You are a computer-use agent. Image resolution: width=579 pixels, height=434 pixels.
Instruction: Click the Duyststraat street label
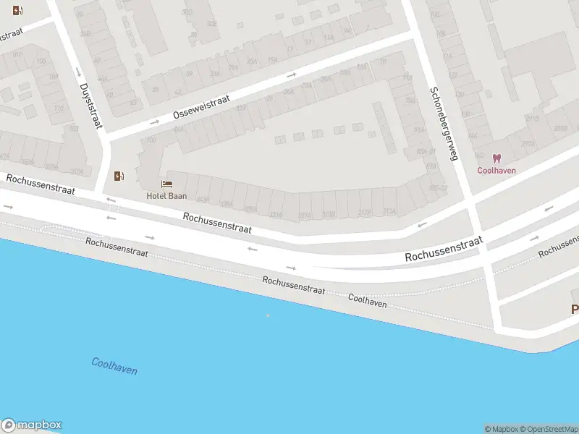[90, 105]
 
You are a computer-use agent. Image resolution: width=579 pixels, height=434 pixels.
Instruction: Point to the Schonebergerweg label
[444, 124]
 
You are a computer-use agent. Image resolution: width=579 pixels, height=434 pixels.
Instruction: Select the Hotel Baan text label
[166, 196]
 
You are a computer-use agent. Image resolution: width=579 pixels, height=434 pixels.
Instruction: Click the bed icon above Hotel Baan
[167, 184]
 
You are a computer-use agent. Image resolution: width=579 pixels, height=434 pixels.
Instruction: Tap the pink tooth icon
[496, 158]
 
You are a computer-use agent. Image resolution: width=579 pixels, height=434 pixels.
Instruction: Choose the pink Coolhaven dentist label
[496, 171]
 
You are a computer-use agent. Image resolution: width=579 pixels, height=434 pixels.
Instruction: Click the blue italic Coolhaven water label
[114, 366]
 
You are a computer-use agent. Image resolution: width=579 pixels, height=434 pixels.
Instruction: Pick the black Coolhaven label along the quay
[367, 300]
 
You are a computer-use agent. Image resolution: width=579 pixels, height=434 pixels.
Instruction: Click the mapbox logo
[32, 425]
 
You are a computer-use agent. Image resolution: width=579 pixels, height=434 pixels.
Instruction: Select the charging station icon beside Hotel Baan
[119, 176]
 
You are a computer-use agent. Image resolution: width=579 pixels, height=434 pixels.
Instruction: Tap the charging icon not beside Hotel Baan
[17, 11]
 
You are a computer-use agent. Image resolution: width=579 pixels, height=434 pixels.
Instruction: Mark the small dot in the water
[268, 315]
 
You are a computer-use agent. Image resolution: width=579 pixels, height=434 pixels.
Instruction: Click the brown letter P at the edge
[575, 309]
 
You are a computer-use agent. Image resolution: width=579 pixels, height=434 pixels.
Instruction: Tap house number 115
[58, 109]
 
